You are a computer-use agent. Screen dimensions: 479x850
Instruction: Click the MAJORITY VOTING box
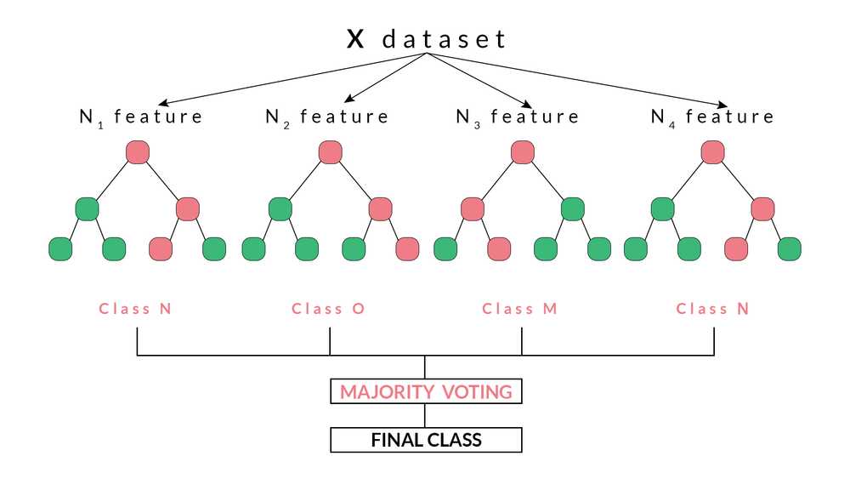[426, 392]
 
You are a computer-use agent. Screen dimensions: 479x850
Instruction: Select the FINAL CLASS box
[426, 440]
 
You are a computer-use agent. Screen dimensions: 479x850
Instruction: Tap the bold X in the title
[355, 39]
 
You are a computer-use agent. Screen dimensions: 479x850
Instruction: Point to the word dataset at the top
[444, 39]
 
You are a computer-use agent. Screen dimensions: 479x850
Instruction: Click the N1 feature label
[141, 117]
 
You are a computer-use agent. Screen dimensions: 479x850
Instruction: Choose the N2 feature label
[326, 117]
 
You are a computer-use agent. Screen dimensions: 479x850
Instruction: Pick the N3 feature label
[518, 117]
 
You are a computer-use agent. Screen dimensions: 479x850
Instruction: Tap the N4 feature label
[712, 117]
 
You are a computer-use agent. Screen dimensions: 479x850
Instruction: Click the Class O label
[328, 309]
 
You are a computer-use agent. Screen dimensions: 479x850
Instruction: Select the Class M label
[519, 309]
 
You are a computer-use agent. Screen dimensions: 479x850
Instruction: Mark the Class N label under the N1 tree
[135, 309]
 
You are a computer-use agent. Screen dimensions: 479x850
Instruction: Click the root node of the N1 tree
[138, 152]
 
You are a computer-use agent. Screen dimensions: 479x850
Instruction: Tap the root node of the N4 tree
[713, 152]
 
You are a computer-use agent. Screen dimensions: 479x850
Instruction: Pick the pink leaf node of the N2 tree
[407, 248]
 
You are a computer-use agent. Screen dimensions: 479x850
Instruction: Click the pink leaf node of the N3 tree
[498, 248]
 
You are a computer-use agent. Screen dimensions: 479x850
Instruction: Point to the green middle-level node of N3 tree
[573, 208]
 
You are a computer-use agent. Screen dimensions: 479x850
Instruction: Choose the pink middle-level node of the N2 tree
[381, 208]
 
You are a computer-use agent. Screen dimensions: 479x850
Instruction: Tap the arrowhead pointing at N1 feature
[158, 103]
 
